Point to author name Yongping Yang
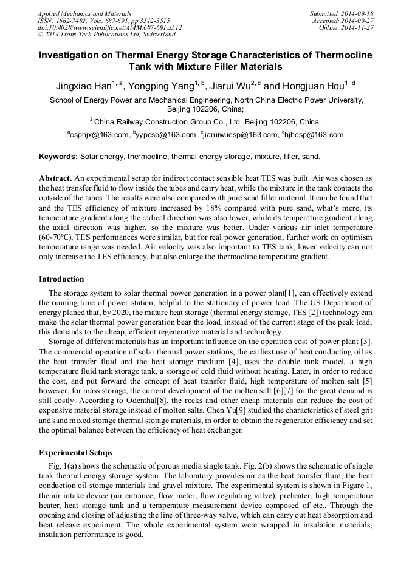click(x=162, y=87)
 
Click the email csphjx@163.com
click(x=100, y=135)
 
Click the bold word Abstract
click(x=56, y=179)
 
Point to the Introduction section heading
click(x=61, y=279)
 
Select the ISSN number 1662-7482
click(x=72, y=20)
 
